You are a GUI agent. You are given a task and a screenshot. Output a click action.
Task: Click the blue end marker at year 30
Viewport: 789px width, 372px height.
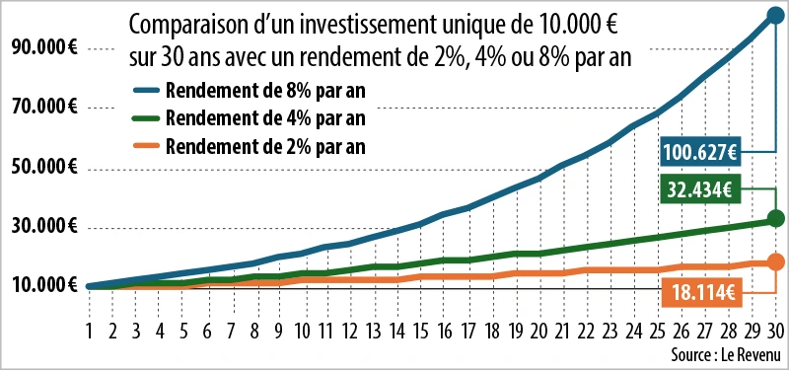pos(775,17)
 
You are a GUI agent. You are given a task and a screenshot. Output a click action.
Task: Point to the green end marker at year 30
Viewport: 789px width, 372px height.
pos(775,218)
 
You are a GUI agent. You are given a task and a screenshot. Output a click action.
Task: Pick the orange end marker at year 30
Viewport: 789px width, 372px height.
pos(775,261)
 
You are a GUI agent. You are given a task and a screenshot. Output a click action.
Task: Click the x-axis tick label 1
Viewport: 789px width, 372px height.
pos(90,331)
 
